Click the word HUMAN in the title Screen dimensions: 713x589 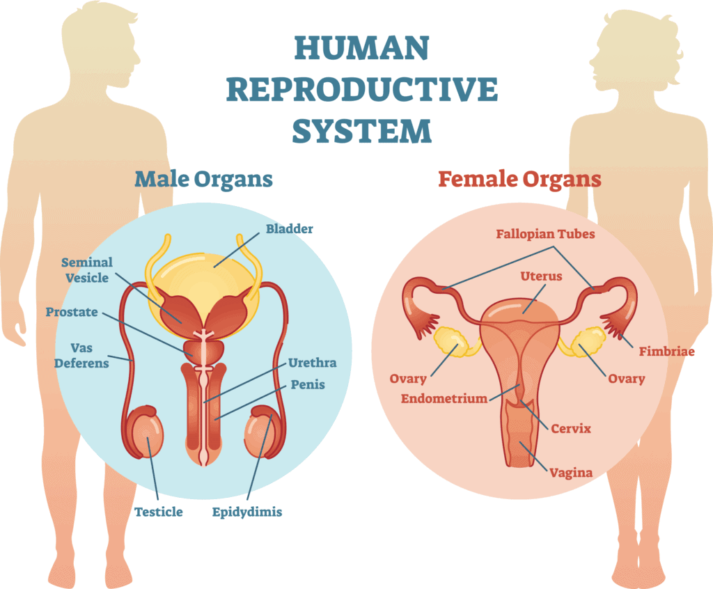(x=361, y=48)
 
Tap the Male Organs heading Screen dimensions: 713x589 (x=203, y=180)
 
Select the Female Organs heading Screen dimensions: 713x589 (x=519, y=180)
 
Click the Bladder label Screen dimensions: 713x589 (x=289, y=229)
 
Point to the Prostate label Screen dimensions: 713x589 (x=72, y=312)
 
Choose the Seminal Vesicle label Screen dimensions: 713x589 (x=87, y=270)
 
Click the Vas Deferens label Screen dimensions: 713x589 (x=81, y=356)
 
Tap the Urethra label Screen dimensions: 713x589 (x=313, y=363)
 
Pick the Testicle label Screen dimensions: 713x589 (x=159, y=512)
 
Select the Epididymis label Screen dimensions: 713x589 (x=247, y=512)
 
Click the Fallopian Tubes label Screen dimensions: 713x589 (x=545, y=234)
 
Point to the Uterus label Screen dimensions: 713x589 (x=541, y=276)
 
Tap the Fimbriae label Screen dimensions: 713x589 (x=666, y=352)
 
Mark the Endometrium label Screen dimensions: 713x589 (x=444, y=399)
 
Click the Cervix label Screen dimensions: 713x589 (x=571, y=429)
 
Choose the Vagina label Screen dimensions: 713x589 (x=571, y=473)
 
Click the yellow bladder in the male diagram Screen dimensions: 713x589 (x=203, y=280)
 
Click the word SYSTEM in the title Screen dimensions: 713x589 (x=361, y=132)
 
